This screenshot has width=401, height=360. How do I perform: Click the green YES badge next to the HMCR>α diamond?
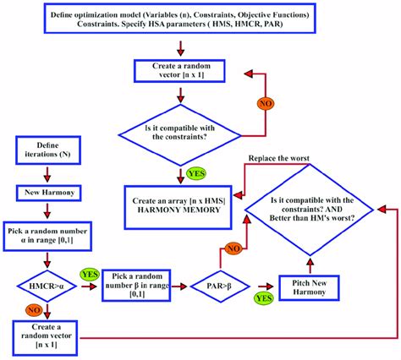coord(88,275)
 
